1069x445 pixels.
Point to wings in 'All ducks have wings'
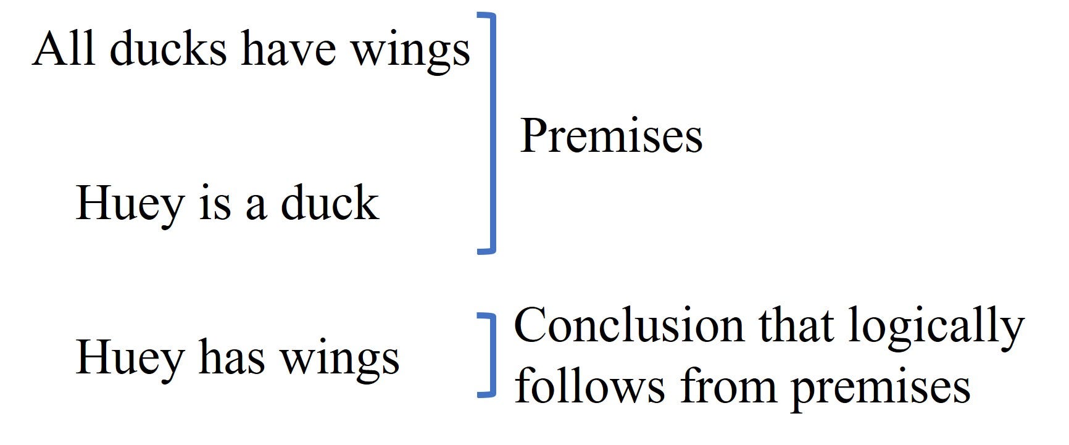point(410,52)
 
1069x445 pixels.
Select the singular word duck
point(330,202)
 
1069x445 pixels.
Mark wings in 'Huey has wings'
point(340,361)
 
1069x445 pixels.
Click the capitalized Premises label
point(611,136)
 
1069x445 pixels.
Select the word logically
point(936,329)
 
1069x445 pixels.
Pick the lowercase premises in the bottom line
point(881,389)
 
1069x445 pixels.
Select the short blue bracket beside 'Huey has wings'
point(488,356)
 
